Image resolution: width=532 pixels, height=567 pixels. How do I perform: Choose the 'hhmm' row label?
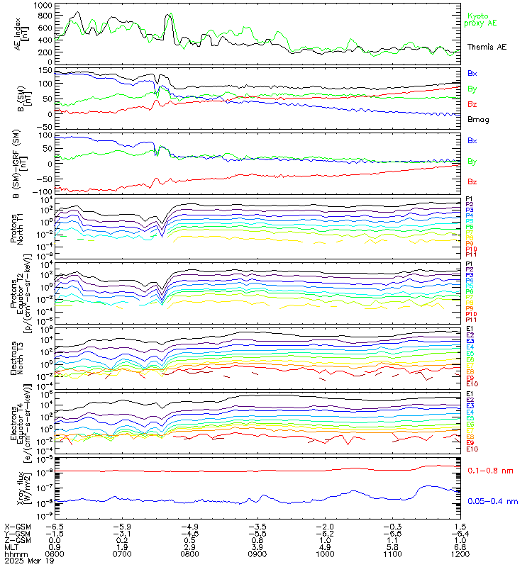13,553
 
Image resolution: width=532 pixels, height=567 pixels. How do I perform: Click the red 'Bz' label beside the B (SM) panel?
472,104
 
